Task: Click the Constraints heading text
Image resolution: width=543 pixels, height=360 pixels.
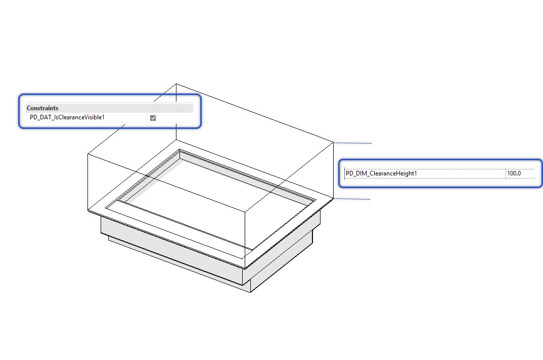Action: coord(42,108)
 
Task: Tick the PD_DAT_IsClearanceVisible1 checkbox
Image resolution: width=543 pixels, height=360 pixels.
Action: coord(153,118)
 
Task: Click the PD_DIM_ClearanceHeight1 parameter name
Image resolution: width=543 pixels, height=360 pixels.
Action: coord(382,173)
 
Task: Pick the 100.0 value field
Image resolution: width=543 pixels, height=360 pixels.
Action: coord(514,173)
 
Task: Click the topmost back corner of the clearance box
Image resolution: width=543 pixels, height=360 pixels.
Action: coord(176,84)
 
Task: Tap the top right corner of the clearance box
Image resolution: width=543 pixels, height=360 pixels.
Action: coord(333,143)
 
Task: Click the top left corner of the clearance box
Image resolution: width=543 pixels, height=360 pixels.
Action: coord(87,153)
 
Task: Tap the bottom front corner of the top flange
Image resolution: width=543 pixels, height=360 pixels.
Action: coord(246,268)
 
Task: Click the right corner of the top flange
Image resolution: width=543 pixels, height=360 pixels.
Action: coord(333,199)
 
